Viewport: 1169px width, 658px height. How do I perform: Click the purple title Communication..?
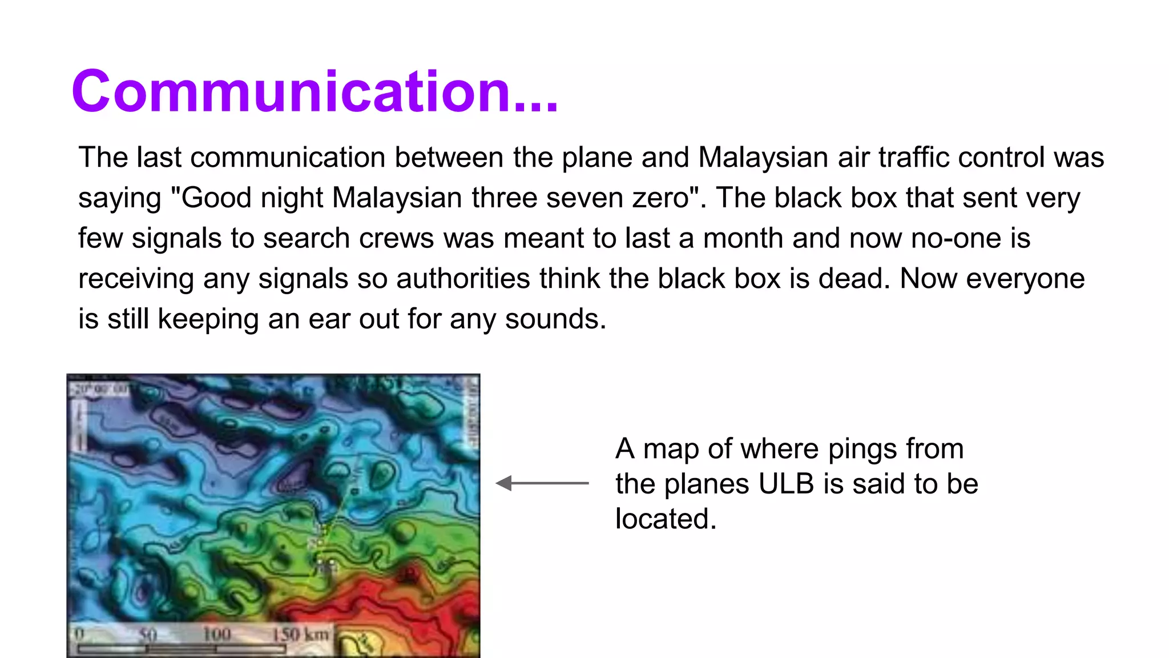[x=315, y=91]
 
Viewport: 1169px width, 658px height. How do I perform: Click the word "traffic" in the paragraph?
[x=913, y=157]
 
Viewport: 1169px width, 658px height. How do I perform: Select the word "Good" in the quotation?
[x=217, y=198]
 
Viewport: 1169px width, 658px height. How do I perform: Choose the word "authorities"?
[x=463, y=279]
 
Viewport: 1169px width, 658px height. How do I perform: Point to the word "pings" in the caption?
[x=859, y=449]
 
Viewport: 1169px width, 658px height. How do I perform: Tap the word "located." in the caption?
[x=666, y=519]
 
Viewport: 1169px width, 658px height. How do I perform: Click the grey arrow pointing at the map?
[x=542, y=483]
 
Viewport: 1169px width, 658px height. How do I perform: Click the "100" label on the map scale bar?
[x=217, y=635]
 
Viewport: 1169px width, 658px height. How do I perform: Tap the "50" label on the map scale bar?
[x=148, y=635]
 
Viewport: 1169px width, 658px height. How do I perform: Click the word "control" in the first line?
[x=1001, y=157]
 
